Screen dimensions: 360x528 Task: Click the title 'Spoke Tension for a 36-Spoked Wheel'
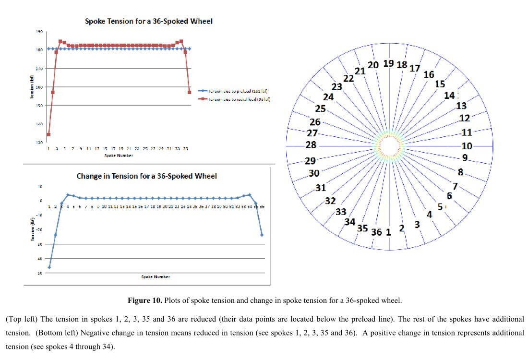[x=148, y=21]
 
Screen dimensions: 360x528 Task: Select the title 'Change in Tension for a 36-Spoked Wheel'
[x=146, y=176]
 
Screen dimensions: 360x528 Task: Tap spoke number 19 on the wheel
[x=388, y=63]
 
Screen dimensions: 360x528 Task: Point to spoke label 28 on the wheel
[x=311, y=145]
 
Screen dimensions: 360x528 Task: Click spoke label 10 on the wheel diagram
[x=467, y=146]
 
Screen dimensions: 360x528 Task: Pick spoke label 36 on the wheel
[x=377, y=232]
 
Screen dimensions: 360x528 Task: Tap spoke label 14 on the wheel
[x=449, y=96]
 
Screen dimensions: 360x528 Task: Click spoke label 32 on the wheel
[x=330, y=201]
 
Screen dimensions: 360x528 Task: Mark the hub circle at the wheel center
[x=389, y=145]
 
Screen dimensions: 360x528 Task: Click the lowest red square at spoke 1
[x=48, y=134]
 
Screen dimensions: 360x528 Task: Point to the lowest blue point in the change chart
[x=49, y=267]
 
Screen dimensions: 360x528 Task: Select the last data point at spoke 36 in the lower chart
[x=262, y=235]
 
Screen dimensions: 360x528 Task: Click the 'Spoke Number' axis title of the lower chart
[x=156, y=277]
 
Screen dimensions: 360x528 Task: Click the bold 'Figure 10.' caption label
[x=144, y=300]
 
